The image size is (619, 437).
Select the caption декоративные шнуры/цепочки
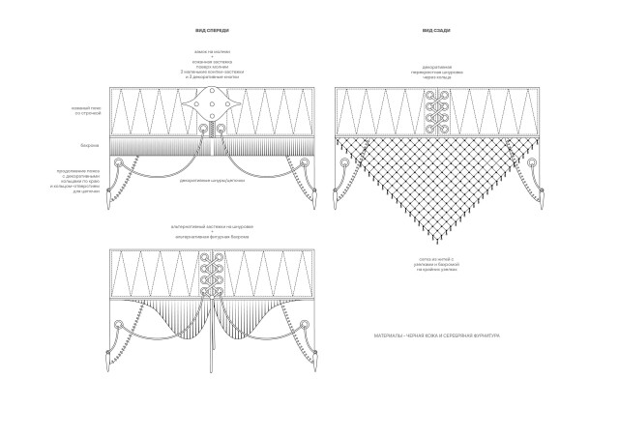(210, 179)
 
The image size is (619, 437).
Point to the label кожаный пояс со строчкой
(91, 112)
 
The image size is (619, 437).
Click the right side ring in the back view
(523, 167)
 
